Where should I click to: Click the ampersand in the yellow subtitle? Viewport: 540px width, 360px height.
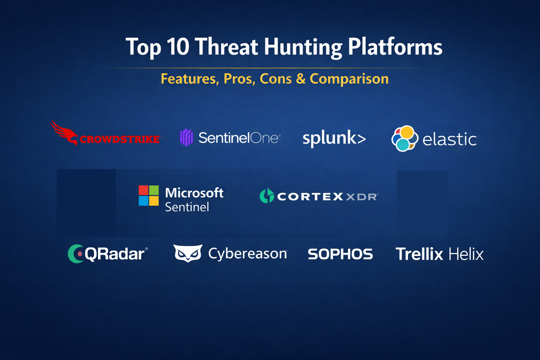pyautogui.click(x=301, y=79)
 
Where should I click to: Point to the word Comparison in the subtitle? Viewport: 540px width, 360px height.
pyautogui.click(x=349, y=79)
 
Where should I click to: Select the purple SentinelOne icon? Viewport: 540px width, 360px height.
pyautogui.click(x=186, y=137)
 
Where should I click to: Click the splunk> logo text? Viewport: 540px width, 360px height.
pyautogui.click(x=334, y=139)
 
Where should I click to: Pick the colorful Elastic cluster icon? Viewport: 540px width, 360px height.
pyautogui.click(x=405, y=139)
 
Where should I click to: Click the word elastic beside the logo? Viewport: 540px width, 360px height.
pyautogui.click(x=450, y=139)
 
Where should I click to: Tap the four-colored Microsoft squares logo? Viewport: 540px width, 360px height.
pyautogui.click(x=149, y=195)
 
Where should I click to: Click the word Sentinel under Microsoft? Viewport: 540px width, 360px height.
pyautogui.click(x=187, y=207)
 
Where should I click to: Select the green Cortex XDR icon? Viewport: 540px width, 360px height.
pyautogui.click(x=267, y=195)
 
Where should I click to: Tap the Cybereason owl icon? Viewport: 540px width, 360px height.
pyautogui.click(x=188, y=253)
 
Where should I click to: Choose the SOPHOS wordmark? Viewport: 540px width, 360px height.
pyautogui.click(x=340, y=254)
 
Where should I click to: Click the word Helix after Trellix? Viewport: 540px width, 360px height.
pyautogui.click(x=466, y=254)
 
